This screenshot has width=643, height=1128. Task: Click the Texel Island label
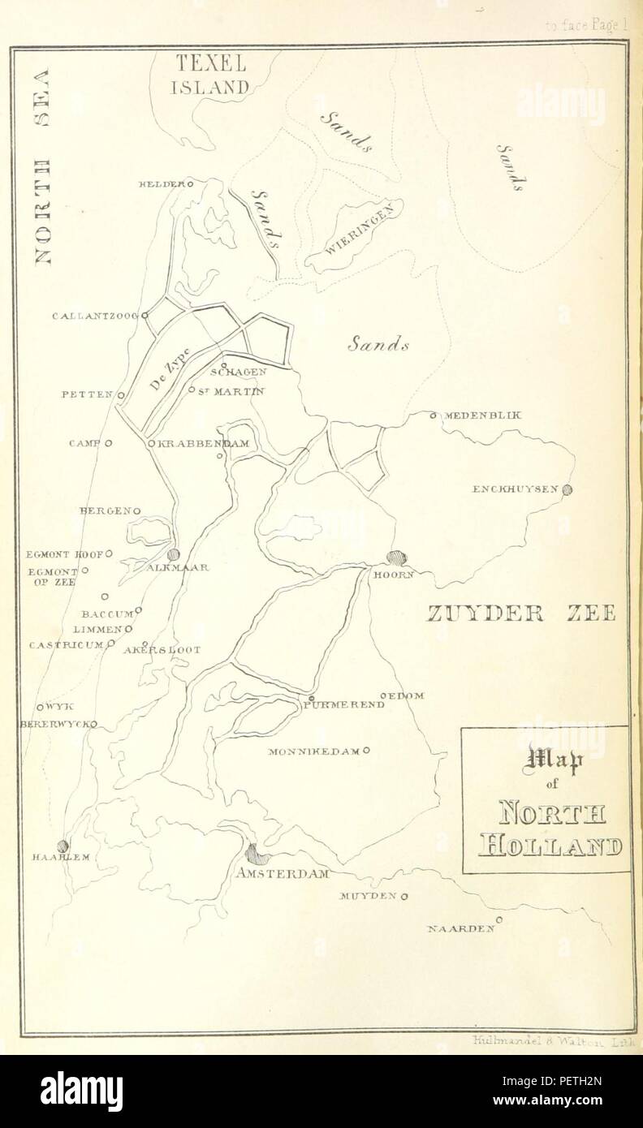tap(209, 75)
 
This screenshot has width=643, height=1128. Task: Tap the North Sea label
tap(41, 166)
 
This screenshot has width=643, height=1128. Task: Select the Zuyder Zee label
tap(521, 612)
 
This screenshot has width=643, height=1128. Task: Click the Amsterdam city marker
tap(257, 853)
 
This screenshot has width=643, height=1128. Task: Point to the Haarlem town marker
tap(63, 845)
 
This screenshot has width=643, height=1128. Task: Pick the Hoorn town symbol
tap(396, 558)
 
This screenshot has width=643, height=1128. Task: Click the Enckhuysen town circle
tap(567, 489)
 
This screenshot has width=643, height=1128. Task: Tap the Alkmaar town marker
tap(173, 553)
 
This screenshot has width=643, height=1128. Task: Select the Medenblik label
tap(482, 415)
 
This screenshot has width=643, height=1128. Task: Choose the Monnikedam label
tap(313, 752)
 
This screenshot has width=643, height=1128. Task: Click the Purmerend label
tap(343, 705)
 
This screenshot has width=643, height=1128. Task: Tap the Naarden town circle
tap(499, 919)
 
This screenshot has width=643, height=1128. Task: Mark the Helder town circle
tap(191, 184)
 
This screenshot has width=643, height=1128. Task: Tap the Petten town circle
tap(120, 395)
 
